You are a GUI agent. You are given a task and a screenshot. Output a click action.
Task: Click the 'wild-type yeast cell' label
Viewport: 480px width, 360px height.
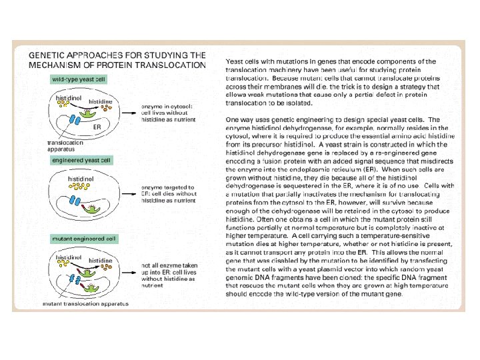click(78, 79)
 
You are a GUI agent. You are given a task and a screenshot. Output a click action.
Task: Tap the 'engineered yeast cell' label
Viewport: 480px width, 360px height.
click(82, 160)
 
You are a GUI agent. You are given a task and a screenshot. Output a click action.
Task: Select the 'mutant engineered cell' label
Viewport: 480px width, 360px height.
click(83, 238)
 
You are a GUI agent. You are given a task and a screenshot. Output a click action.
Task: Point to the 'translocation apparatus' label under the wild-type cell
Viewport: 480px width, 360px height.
click(65, 145)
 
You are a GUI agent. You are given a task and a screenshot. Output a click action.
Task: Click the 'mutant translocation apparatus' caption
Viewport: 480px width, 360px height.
click(76, 303)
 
